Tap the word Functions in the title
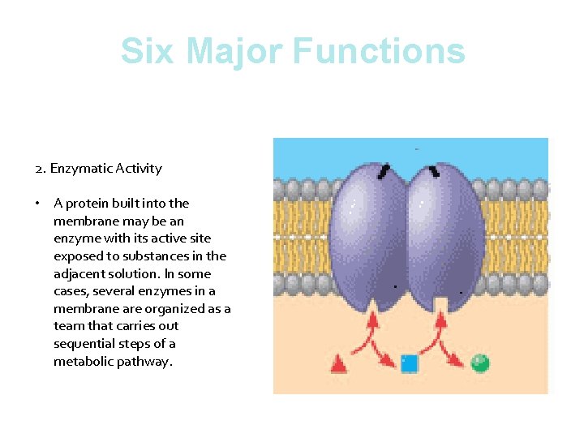379,50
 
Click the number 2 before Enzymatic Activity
39,169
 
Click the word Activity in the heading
139,169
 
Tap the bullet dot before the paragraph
39,204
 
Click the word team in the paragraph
67,326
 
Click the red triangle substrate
339,363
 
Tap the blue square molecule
410,363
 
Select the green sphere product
480,362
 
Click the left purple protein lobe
367,235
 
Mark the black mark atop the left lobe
383,171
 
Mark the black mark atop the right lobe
435,171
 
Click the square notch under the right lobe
440,304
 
